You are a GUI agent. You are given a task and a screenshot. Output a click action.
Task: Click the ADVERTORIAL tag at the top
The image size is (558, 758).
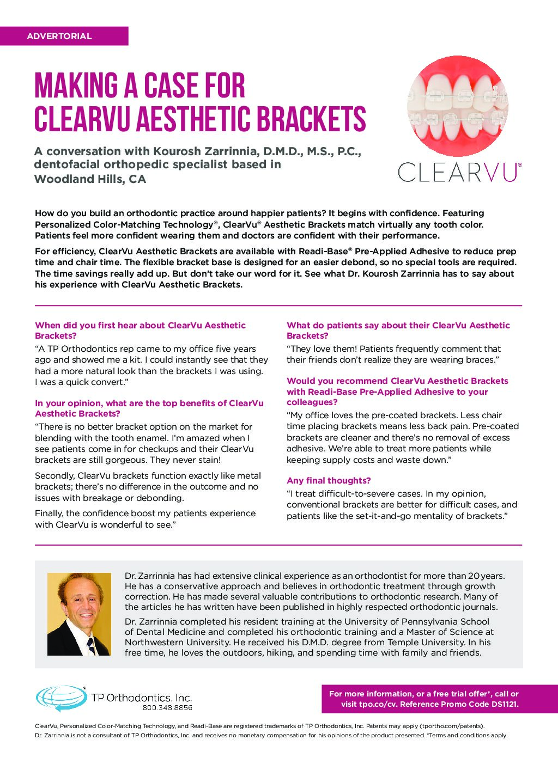click(x=59, y=36)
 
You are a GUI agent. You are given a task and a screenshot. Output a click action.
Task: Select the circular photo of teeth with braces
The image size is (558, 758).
click(x=458, y=106)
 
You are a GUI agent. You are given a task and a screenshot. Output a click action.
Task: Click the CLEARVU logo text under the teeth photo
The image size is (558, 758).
click(x=459, y=172)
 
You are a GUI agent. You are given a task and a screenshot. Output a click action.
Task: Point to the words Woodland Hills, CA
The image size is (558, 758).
click(x=90, y=179)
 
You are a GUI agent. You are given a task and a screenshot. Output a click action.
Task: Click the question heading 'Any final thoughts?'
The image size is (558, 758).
click(x=329, y=480)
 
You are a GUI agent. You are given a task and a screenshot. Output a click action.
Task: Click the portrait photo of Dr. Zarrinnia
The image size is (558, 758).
click(x=79, y=614)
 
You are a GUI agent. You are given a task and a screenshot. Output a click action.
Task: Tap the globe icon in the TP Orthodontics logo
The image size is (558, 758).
click(x=60, y=698)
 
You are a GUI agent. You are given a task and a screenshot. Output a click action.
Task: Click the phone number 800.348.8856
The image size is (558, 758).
click(x=167, y=708)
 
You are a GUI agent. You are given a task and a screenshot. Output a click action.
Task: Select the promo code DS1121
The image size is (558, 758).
click(x=502, y=704)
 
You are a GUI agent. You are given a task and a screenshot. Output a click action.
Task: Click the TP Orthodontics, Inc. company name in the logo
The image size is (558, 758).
click(x=141, y=698)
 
